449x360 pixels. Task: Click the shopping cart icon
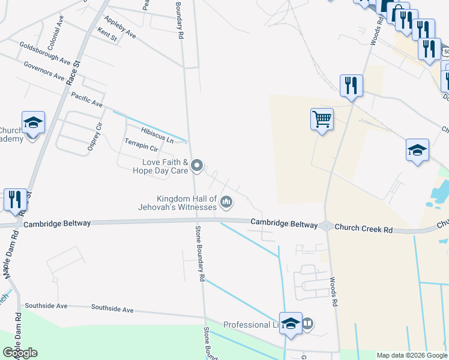point(322,119)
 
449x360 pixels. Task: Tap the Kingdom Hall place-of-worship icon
point(226,202)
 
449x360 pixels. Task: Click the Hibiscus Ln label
point(157,135)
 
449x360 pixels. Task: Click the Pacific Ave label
point(86,100)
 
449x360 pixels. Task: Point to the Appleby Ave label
point(120,28)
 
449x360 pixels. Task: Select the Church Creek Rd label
point(364,228)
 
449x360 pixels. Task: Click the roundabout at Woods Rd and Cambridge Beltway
point(326,226)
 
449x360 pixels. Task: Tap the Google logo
point(20,353)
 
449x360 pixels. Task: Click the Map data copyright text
point(411,355)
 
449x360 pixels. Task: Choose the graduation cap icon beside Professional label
point(291,323)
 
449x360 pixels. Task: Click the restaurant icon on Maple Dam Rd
point(14,199)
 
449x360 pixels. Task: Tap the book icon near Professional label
point(307,325)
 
